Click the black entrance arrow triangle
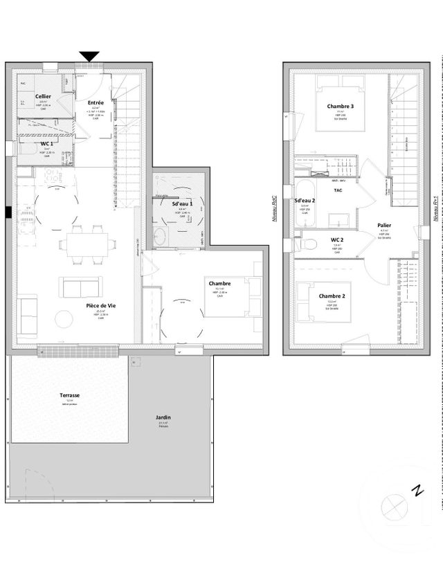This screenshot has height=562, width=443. tap(89, 56)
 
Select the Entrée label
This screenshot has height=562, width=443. tap(96, 102)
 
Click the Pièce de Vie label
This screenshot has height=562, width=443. tap(100, 305)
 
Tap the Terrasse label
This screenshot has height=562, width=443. tap(69, 395)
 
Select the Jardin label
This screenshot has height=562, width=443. tap(163, 417)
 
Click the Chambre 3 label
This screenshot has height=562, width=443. tap(341, 106)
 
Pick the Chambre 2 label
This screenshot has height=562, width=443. tap(332, 296)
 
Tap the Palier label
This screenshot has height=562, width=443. tap(385, 226)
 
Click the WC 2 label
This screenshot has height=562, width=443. tap(337, 239)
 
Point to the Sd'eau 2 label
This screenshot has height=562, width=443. tap(305, 201)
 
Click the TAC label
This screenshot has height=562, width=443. tap(338, 190)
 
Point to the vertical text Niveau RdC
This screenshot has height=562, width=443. tap(275, 207)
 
